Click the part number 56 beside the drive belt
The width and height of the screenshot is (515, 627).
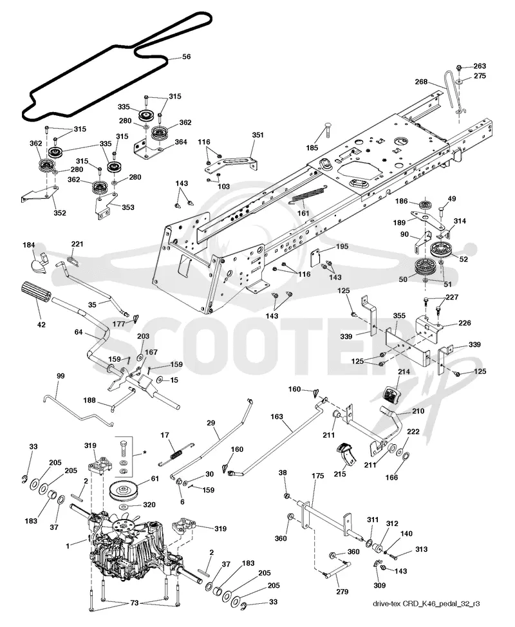click(186, 57)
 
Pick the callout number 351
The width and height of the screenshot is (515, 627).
click(258, 135)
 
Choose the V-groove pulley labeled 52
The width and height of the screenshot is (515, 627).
click(440, 250)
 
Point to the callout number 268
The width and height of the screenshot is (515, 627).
click(421, 82)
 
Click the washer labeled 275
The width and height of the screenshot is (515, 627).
click(460, 81)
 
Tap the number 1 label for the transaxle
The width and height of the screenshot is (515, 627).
click(68, 545)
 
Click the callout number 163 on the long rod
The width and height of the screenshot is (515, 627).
click(277, 416)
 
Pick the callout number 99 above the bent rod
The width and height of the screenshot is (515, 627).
click(61, 376)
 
